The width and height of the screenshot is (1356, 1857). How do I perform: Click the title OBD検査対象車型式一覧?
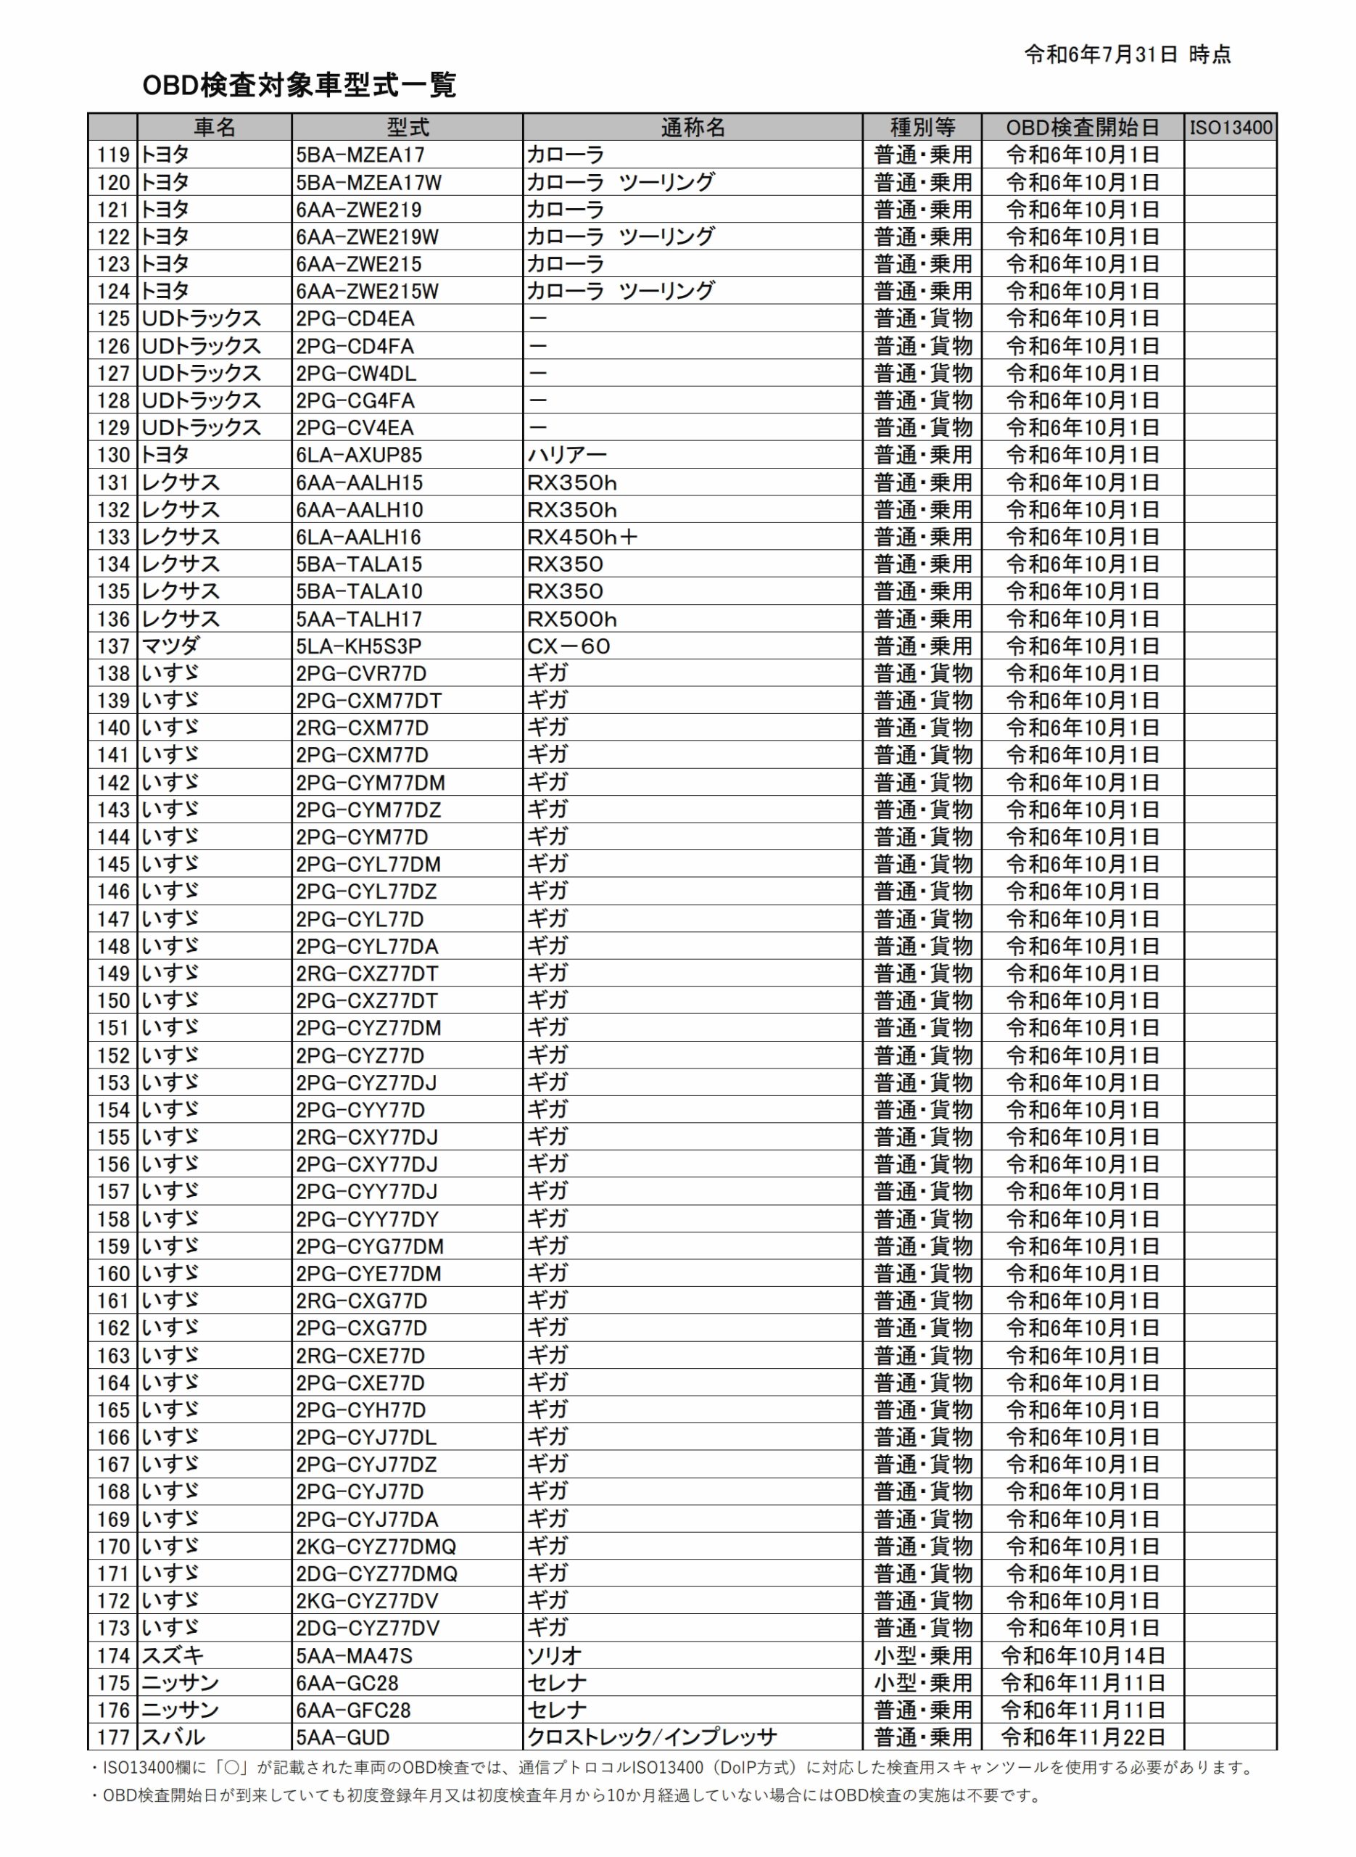pyautogui.click(x=299, y=85)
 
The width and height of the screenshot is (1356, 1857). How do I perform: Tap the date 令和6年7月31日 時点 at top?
pyautogui.click(x=1127, y=55)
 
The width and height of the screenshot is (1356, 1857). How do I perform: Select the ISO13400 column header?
pyautogui.click(x=1231, y=127)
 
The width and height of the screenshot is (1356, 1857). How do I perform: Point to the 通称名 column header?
pyautogui.click(x=692, y=127)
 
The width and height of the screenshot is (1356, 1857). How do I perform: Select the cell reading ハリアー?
pyautogui.click(x=566, y=455)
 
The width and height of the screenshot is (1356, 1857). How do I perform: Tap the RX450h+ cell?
pyautogui.click(x=582, y=537)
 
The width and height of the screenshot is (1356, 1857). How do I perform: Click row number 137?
pyautogui.click(x=113, y=646)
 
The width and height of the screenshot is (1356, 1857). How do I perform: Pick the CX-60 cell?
pyautogui.click(x=568, y=646)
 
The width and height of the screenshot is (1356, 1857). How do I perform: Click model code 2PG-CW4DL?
pyautogui.click(x=356, y=374)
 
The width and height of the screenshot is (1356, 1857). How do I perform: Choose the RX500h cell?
pyautogui.click(x=571, y=619)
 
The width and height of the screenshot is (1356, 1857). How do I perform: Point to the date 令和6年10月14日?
pyautogui.click(x=1083, y=1656)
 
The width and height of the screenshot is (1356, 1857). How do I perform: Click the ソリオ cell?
pyautogui.click(x=554, y=1656)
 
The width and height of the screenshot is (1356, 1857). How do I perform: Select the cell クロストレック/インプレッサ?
pyautogui.click(x=652, y=1737)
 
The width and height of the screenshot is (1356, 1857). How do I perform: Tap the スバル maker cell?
pyautogui.click(x=173, y=1737)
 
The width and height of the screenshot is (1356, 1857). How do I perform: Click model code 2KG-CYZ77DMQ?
pyautogui.click(x=376, y=1547)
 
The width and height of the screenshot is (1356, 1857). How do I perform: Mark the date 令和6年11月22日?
pyautogui.click(x=1083, y=1737)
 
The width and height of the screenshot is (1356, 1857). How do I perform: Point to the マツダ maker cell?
pyautogui.click(x=170, y=646)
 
